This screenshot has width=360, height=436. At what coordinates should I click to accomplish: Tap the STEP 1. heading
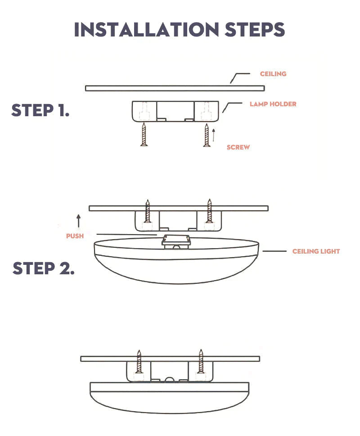tap(40, 110)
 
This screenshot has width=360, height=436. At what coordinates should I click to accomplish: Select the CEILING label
tap(273, 74)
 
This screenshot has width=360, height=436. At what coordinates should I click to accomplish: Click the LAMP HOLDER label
tap(273, 104)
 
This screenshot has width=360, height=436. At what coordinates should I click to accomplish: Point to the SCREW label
tap(238, 147)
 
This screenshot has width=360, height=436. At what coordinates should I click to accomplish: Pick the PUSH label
tap(75, 236)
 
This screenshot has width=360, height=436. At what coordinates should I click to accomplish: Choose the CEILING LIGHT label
tap(316, 251)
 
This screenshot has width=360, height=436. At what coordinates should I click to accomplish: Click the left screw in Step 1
tap(144, 135)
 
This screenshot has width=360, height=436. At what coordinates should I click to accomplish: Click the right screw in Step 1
tap(207, 135)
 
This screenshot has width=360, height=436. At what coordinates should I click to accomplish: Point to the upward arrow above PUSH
tap(79, 221)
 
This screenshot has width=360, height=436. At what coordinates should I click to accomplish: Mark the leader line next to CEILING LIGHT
tap(274, 251)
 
